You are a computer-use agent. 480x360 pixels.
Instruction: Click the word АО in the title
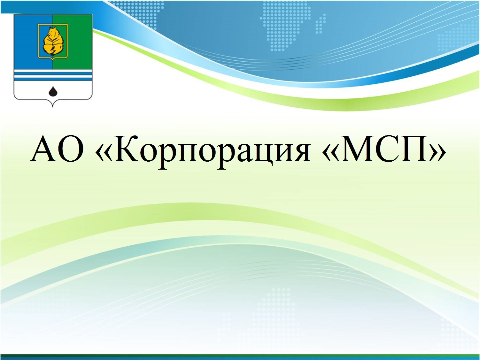57,149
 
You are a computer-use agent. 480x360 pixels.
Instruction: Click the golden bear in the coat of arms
53,41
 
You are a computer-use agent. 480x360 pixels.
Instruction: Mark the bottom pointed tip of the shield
53,107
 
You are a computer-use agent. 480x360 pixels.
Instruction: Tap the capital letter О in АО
70,149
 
